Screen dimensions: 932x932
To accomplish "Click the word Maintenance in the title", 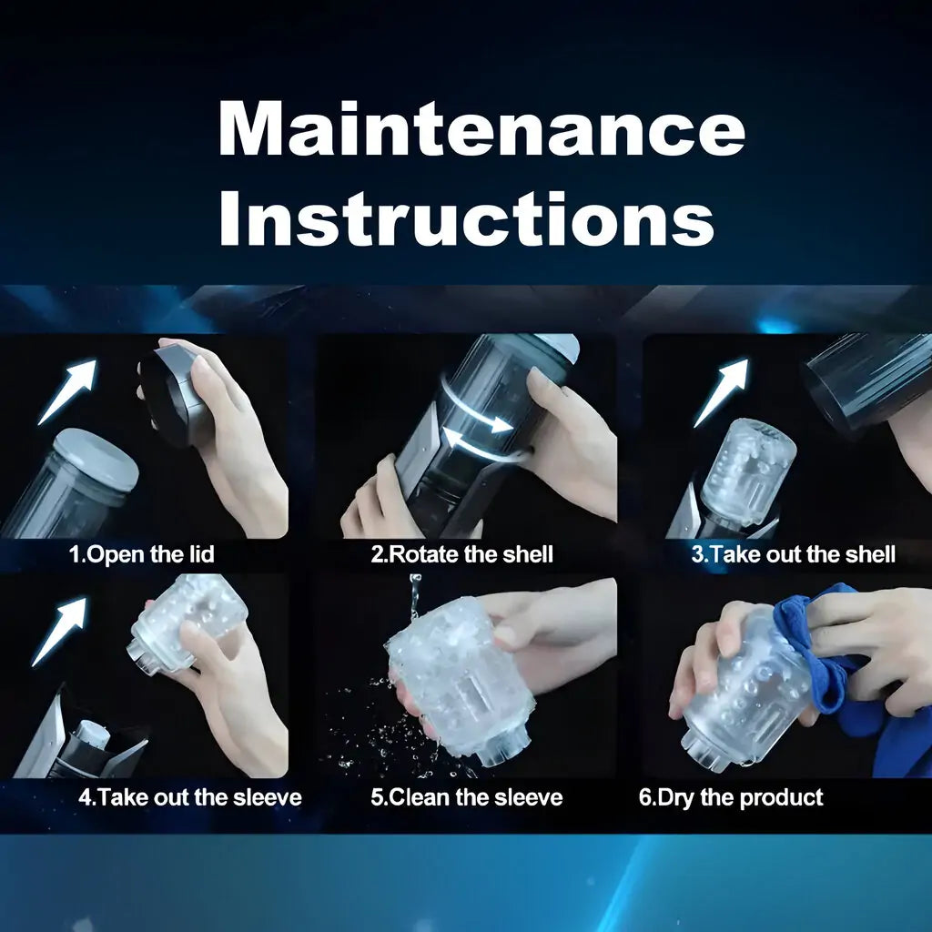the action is pyautogui.click(x=482, y=128).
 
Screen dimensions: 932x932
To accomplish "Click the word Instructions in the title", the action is pyautogui.click(x=467, y=218).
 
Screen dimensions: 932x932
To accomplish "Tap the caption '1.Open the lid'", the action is pyautogui.click(x=141, y=554).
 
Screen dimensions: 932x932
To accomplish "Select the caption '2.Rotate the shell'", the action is pyautogui.click(x=461, y=554).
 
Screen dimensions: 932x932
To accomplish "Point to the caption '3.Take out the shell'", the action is pyautogui.click(x=794, y=554).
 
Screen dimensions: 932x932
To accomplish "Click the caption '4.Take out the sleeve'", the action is pyautogui.click(x=190, y=797).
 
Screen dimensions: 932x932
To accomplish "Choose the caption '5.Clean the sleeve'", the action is pyautogui.click(x=467, y=797).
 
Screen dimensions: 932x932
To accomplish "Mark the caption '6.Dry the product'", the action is pyautogui.click(x=731, y=797).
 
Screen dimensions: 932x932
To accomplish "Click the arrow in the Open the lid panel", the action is pyautogui.click(x=66, y=392).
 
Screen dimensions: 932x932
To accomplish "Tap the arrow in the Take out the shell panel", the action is pyautogui.click(x=721, y=393).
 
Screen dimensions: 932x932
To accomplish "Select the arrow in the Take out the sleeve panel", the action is pyautogui.click(x=58, y=632).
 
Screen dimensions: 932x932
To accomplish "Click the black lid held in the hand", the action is pyautogui.click(x=176, y=395).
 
